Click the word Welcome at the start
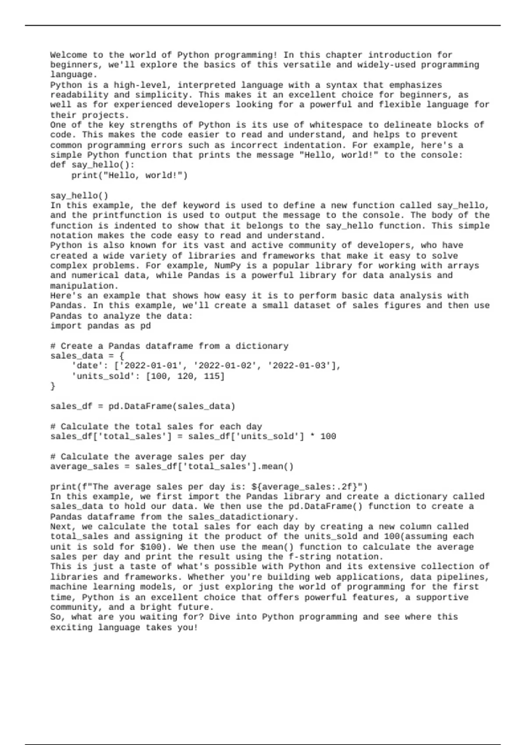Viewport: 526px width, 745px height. [68, 55]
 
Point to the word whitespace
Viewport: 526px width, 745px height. [336, 125]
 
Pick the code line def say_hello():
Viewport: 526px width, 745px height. [92, 165]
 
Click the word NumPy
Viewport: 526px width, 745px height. [227, 266]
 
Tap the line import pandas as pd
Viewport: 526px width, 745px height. [100, 326]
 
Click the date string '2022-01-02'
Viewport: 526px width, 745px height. [225, 365]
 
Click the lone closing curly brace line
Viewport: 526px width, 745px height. [53, 386]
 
